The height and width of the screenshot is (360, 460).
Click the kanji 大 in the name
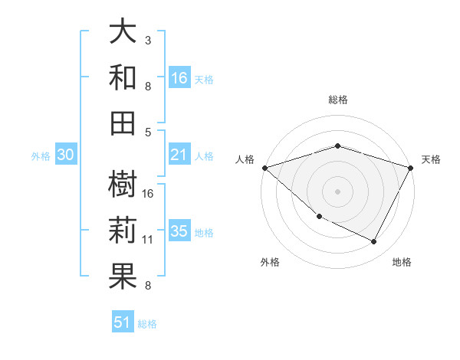point(123,31)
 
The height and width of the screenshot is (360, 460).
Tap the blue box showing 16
point(179,78)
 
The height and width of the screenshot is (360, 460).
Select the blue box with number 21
point(179,155)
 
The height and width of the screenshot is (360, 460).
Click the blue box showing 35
point(179,232)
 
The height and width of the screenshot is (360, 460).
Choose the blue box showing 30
point(65,155)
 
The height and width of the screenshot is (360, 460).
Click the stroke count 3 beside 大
point(147,40)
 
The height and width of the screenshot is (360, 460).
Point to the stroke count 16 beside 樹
point(148,194)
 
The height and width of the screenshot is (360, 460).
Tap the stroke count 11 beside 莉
point(148,240)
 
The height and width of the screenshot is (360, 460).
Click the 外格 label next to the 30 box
point(41,156)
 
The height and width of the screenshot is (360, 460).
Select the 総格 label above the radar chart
point(338,100)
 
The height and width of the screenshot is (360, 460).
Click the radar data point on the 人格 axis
point(264,168)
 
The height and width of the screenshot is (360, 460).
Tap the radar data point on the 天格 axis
point(411,168)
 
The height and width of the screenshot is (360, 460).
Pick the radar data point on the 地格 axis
point(374,241)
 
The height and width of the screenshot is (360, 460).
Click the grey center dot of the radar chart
point(338,191)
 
